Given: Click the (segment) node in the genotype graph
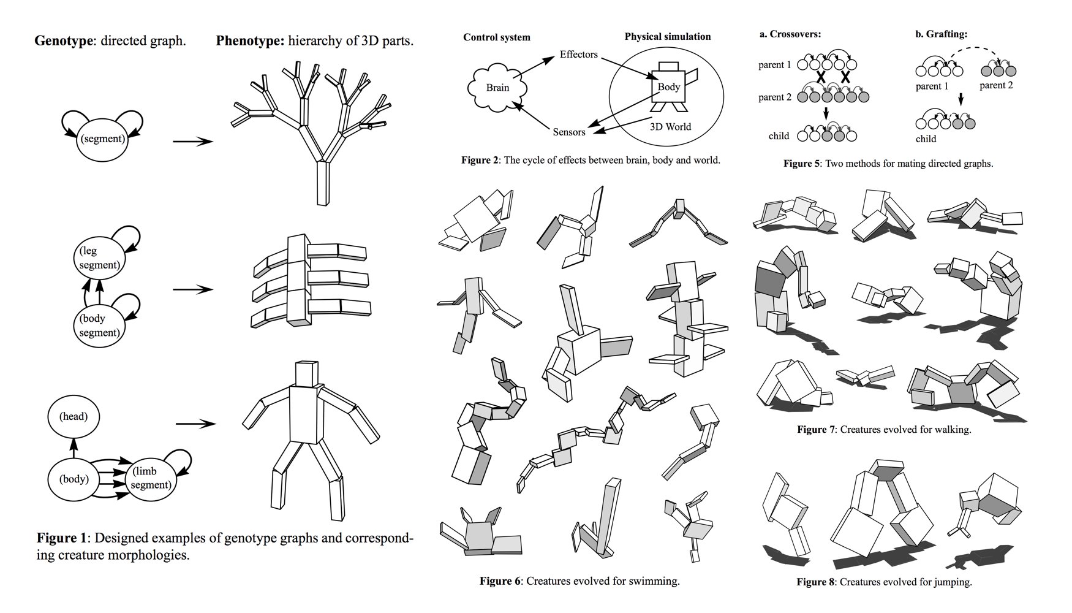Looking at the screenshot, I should (x=102, y=139).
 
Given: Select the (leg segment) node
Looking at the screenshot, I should (x=99, y=258).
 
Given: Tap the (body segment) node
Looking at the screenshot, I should (x=99, y=326).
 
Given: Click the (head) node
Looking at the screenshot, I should (x=73, y=417).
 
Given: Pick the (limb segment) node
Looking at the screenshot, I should (x=150, y=479).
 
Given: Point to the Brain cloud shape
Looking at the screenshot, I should (x=497, y=88).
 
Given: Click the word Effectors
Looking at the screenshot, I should (x=578, y=55).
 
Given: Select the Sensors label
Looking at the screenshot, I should (x=568, y=132).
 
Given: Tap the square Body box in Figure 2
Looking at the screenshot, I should (x=668, y=87).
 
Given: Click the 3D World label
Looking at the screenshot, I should (x=670, y=127).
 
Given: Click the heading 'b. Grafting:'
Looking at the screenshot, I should (x=941, y=34).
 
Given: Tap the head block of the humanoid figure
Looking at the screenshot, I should (x=307, y=374).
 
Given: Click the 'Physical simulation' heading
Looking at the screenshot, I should (x=667, y=37).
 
